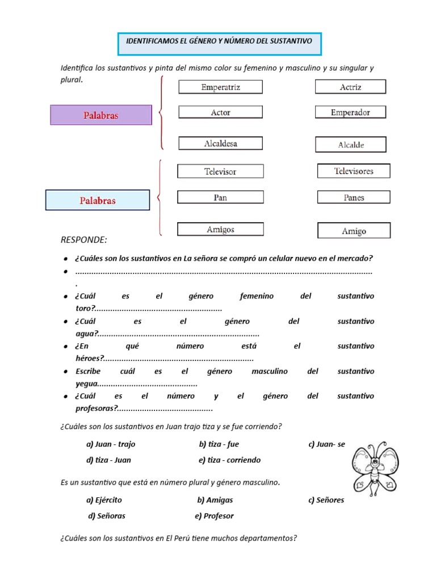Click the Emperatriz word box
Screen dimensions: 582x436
tap(220, 87)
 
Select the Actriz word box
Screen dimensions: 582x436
tap(350, 87)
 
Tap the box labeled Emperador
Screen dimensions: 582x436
tap(350, 113)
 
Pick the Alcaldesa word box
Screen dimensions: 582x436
tap(220, 144)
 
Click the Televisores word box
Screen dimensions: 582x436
tap(353, 171)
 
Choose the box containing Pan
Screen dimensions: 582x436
tap(220, 197)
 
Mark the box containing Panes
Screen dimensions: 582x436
tap(353, 198)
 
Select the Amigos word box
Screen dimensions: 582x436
tap(220, 230)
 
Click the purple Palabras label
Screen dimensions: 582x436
tap(101, 115)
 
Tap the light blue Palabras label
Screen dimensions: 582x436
tap(98, 201)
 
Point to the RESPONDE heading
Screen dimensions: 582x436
tap(83, 240)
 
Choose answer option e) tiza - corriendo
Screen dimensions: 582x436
tap(230, 460)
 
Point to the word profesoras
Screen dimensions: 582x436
tap(95, 408)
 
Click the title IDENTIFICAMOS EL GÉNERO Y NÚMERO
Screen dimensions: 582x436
tap(219, 41)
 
